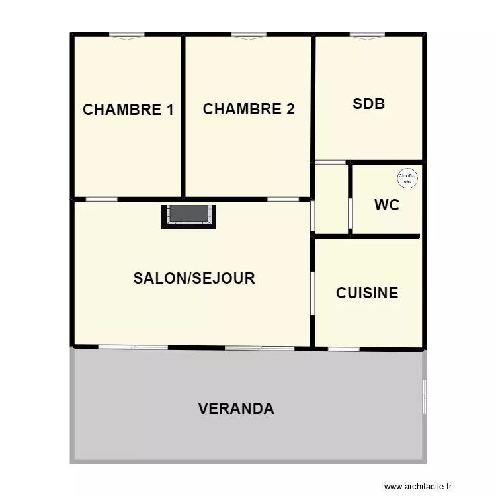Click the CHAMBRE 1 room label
128,110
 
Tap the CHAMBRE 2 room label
248,109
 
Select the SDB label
368,104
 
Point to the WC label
387,205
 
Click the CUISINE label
367,293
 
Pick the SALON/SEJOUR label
194,278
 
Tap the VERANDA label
236,409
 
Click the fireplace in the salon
189,216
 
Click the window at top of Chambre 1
127,35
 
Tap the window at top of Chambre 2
249,35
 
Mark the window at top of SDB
367,35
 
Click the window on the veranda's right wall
424,397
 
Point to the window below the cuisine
344,348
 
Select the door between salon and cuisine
312,294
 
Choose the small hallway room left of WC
331,198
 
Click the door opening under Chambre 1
102,198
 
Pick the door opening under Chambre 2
283,198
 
